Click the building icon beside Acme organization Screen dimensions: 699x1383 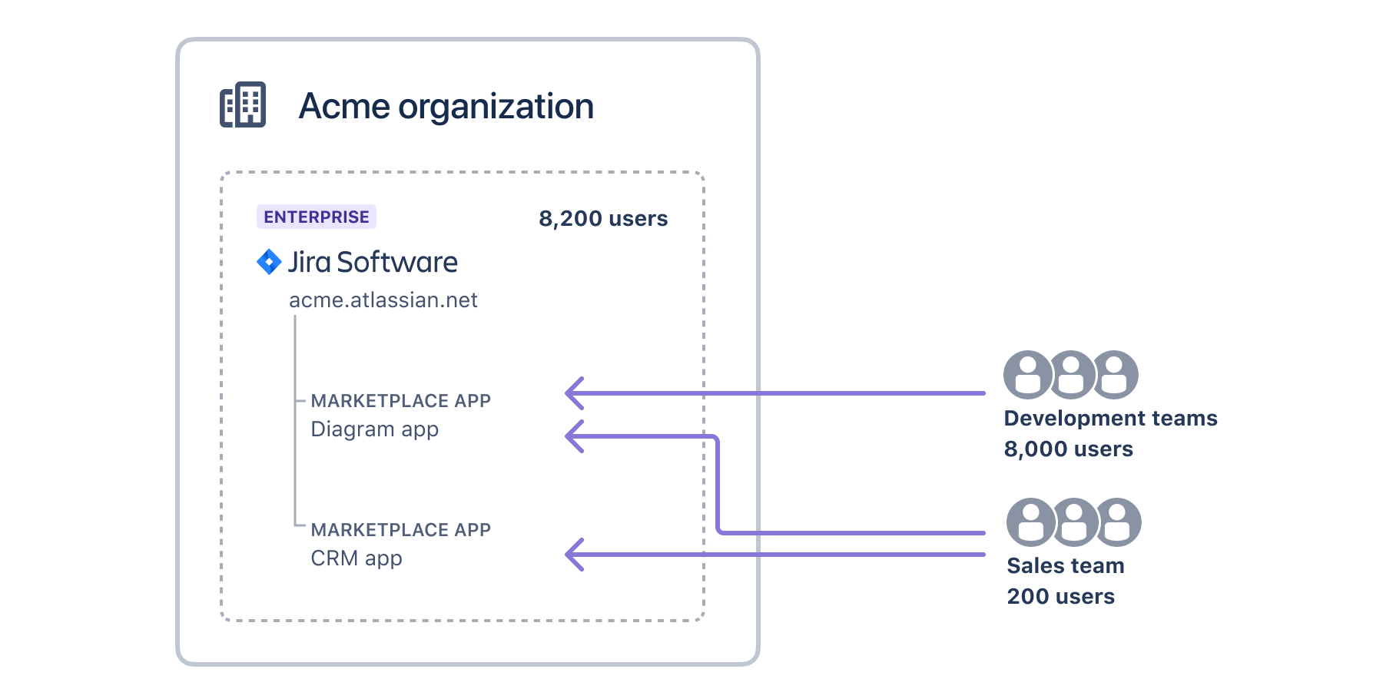click(243, 104)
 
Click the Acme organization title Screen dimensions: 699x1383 click(446, 106)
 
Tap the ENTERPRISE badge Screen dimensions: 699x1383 click(316, 217)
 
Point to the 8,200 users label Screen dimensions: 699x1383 click(603, 219)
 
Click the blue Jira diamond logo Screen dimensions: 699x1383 click(269, 262)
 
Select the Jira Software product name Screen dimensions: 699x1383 click(373, 262)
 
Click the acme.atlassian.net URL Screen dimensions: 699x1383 click(383, 300)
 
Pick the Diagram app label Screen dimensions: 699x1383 click(374, 429)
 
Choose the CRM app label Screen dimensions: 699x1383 click(357, 558)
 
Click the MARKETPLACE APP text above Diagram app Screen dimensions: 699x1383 click(400, 401)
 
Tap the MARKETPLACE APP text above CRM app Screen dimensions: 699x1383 click(400, 530)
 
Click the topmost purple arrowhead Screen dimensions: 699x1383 click(574, 393)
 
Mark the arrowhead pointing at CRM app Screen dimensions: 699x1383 click(574, 555)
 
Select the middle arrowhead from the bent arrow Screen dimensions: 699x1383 click(574, 436)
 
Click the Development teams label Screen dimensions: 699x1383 click(1110, 418)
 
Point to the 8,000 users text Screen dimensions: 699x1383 click(1068, 449)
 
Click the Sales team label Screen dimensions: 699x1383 click(1065, 565)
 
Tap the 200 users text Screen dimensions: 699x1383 click(1060, 596)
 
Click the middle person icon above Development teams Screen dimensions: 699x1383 click(1072, 375)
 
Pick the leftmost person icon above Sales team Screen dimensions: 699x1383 click(1030, 522)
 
